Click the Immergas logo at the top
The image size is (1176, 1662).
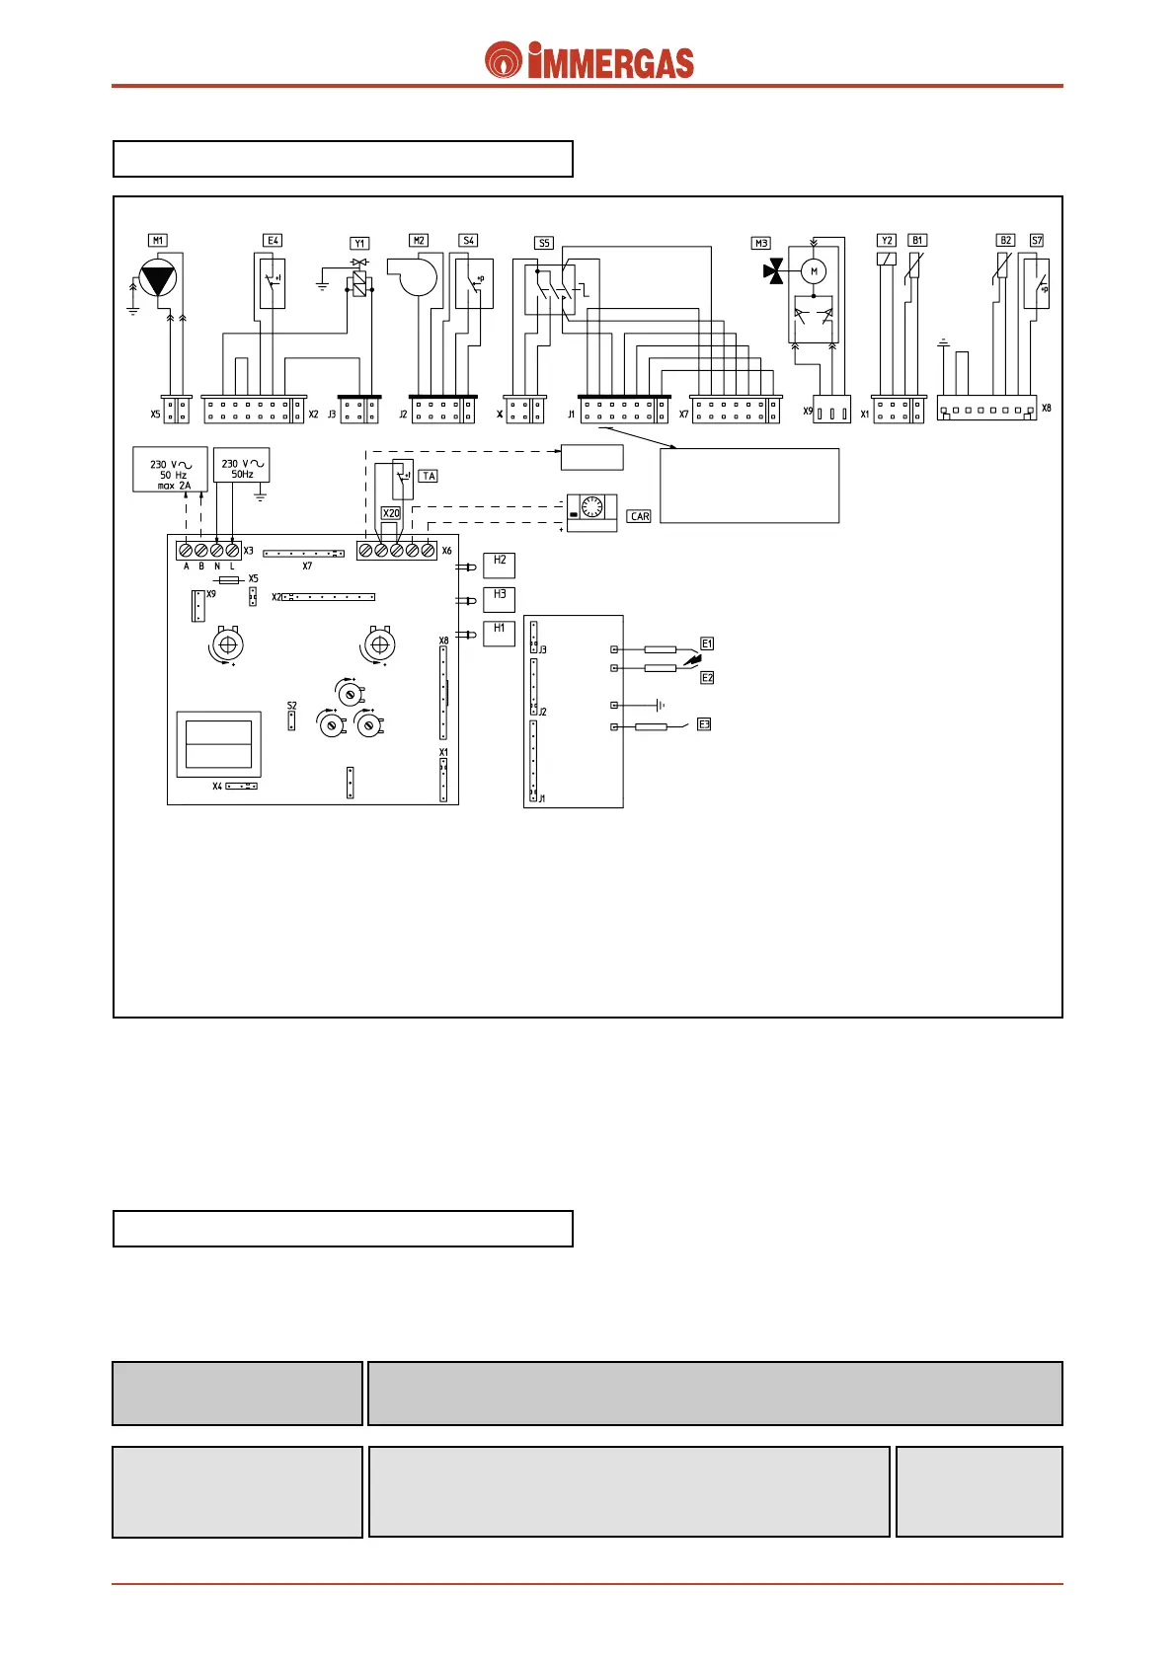588,61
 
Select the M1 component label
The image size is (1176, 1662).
158,240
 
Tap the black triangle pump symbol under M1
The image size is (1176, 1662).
158,278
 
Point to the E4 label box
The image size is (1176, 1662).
273,240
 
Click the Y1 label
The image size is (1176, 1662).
359,243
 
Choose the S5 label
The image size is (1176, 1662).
544,243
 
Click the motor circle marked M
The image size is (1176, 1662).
814,271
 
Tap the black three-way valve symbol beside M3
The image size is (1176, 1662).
774,271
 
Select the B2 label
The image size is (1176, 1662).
1005,240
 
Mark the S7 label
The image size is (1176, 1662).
1036,240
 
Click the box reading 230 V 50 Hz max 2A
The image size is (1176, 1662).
170,470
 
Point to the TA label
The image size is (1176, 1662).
429,476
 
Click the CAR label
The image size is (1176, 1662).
640,516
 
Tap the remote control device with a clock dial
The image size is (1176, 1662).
591,512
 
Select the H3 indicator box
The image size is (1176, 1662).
500,598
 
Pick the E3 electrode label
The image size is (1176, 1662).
704,724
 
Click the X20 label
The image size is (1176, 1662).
391,513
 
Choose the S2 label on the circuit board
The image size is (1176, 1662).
291,706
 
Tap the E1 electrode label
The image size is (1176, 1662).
707,643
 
